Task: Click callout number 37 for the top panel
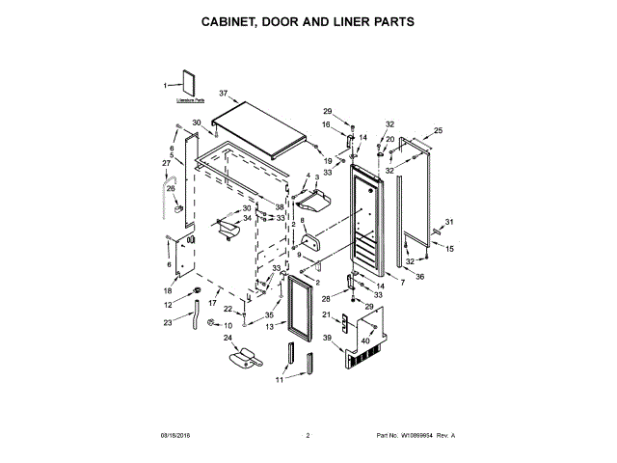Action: (223, 94)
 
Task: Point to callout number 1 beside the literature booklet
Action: (165, 86)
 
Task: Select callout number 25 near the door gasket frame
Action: (437, 130)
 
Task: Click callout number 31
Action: (449, 223)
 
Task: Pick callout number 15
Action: (448, 248)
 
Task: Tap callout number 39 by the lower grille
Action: (328, 338)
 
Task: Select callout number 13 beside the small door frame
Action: (269, 327)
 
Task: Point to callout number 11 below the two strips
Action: (279, 380)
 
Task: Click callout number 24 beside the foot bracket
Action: (228, 338)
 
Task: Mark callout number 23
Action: (168, 322)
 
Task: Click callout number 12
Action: (168, 305)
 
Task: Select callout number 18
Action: (168, 290)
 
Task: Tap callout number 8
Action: (303, 221)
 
